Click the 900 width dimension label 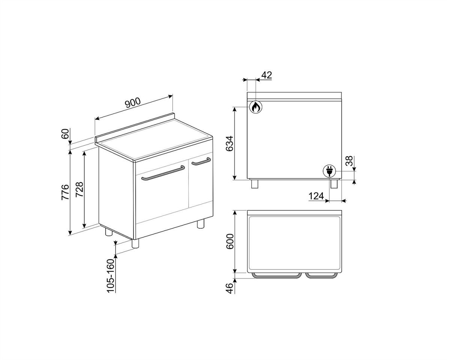[x=133, y=102]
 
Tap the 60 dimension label [x=65, y=134]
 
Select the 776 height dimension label [x=65, y=192]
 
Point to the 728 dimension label [x=79, y=189]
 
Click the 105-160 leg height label [x=111, y=276]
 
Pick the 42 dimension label [x=267, y=75]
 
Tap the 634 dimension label [x=229, y=144]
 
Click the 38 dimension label [x=349, y=161]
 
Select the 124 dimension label [x=316, y=196]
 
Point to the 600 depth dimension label [x=230, y=241]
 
